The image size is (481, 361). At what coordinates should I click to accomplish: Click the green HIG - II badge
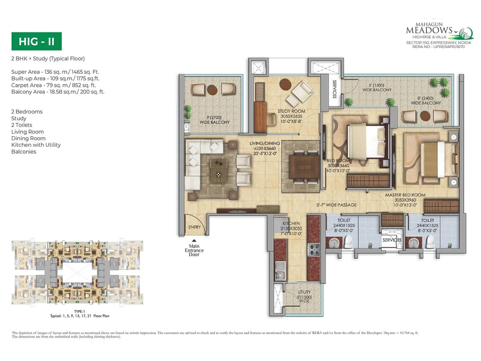tap(36, 41)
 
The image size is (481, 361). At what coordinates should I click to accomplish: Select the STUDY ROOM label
tap(291, 111)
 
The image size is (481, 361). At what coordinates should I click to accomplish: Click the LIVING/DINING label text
tap(265, 143)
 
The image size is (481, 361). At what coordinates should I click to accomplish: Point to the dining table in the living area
tap(304, 167)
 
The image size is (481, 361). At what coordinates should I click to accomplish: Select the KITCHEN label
tap(291, 224)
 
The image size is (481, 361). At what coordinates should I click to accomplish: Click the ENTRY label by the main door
tap(195, 227)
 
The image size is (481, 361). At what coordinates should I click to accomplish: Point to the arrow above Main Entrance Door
tap(194, 240)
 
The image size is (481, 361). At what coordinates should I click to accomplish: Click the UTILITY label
tap(304, 292)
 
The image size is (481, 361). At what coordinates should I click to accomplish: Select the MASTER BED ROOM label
tap(405, 195)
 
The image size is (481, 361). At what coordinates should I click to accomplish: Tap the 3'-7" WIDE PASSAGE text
tap(336, 205)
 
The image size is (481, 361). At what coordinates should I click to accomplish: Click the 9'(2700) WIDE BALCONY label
tap(214, 120)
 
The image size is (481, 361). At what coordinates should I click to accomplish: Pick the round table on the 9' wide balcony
tap(212, 89)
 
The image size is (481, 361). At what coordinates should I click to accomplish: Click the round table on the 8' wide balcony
tap(425, 116)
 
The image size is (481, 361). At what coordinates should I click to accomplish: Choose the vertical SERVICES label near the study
tap(334, 89)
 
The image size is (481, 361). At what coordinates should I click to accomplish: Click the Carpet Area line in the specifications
tap(54, 85)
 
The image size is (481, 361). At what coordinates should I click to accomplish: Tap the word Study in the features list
tap(19, 118)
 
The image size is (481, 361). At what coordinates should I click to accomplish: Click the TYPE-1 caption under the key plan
tap(80, 311)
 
